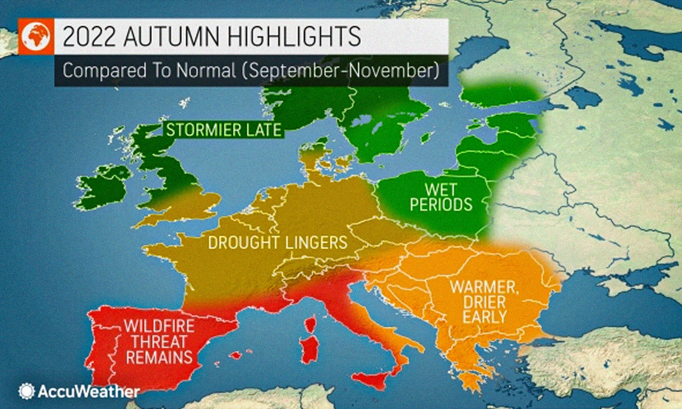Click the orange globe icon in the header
tap(36, 36)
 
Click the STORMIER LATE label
tap(223, 130)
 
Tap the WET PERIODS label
tap(442, 197)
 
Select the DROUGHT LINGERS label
tap(278, 243)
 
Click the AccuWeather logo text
tap(88, 392)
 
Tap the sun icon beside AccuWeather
tap(27, 391)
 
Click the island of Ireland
tap(103, 186)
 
